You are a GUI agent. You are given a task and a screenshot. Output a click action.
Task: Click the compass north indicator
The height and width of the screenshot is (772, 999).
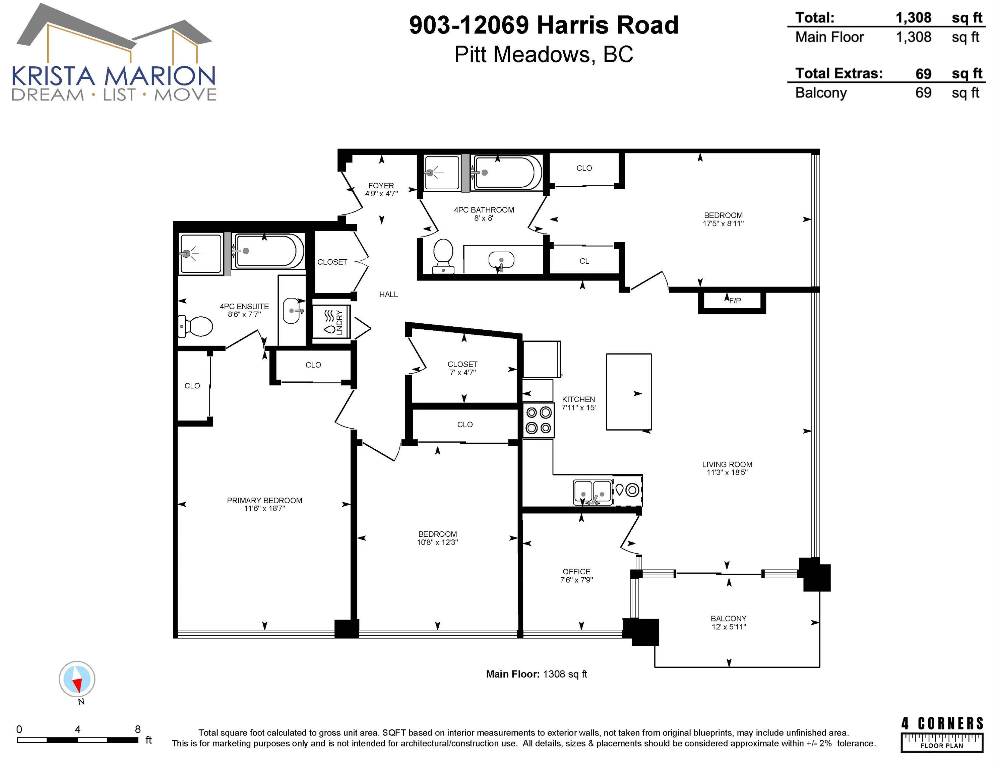pos(77,679)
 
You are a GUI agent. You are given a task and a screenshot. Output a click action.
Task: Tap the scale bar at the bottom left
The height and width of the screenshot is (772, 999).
pos(78,740)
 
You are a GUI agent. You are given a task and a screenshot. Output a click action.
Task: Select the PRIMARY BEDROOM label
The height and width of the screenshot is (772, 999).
pos(264,500)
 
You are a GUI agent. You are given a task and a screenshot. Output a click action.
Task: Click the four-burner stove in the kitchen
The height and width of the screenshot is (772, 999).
pos(539,420)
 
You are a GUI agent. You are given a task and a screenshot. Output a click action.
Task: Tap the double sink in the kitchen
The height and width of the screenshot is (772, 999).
pos(593,493)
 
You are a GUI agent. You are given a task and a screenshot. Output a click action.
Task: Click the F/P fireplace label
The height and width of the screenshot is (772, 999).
pos(735,301)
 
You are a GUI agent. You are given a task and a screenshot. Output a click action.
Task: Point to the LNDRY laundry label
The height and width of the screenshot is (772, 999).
pos(339,322)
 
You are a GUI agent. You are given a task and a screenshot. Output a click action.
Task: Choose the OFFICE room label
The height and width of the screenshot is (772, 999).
pos(576,572)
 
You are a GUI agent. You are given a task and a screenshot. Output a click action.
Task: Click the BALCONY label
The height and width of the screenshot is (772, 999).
pos(729,618)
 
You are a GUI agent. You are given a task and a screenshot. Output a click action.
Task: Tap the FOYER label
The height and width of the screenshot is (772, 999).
pos(381,186)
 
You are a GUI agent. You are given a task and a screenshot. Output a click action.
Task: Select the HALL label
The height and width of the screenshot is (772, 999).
pos(388,295)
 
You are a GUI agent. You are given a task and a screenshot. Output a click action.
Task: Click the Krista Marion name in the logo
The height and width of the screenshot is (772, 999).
pos(114,76)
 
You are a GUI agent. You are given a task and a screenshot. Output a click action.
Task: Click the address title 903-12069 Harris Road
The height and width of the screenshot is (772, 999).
pos(544,25)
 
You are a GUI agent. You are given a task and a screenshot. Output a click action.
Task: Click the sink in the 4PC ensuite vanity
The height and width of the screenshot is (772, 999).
pos(292,311)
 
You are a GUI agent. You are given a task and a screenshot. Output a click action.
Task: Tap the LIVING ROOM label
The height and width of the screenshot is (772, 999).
pos(727,464)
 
